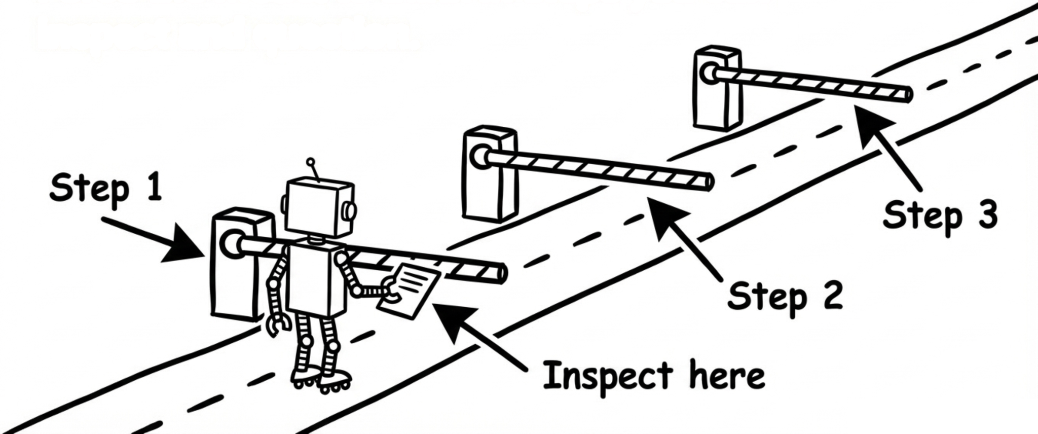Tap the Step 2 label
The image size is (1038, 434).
pos(785,296)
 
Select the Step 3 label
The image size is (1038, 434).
pos(940,215)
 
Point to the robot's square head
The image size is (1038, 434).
pos(319,207)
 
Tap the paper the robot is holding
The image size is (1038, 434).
pos(410,291)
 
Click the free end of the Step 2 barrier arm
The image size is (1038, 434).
pos(709,182)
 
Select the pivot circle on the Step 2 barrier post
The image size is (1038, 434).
pos(479,157)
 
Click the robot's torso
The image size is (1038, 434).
pos(315,279)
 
